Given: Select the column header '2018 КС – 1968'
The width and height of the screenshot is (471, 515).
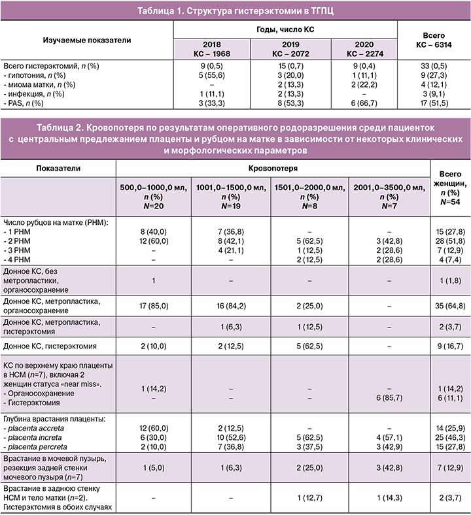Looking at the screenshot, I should click(211, 48).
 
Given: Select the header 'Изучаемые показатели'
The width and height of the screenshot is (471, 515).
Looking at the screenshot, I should click(87, 40).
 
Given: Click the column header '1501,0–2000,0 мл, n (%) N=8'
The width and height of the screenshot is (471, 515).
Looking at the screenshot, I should click(309, 196).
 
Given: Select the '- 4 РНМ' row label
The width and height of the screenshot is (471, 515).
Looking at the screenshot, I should click(20, 259).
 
